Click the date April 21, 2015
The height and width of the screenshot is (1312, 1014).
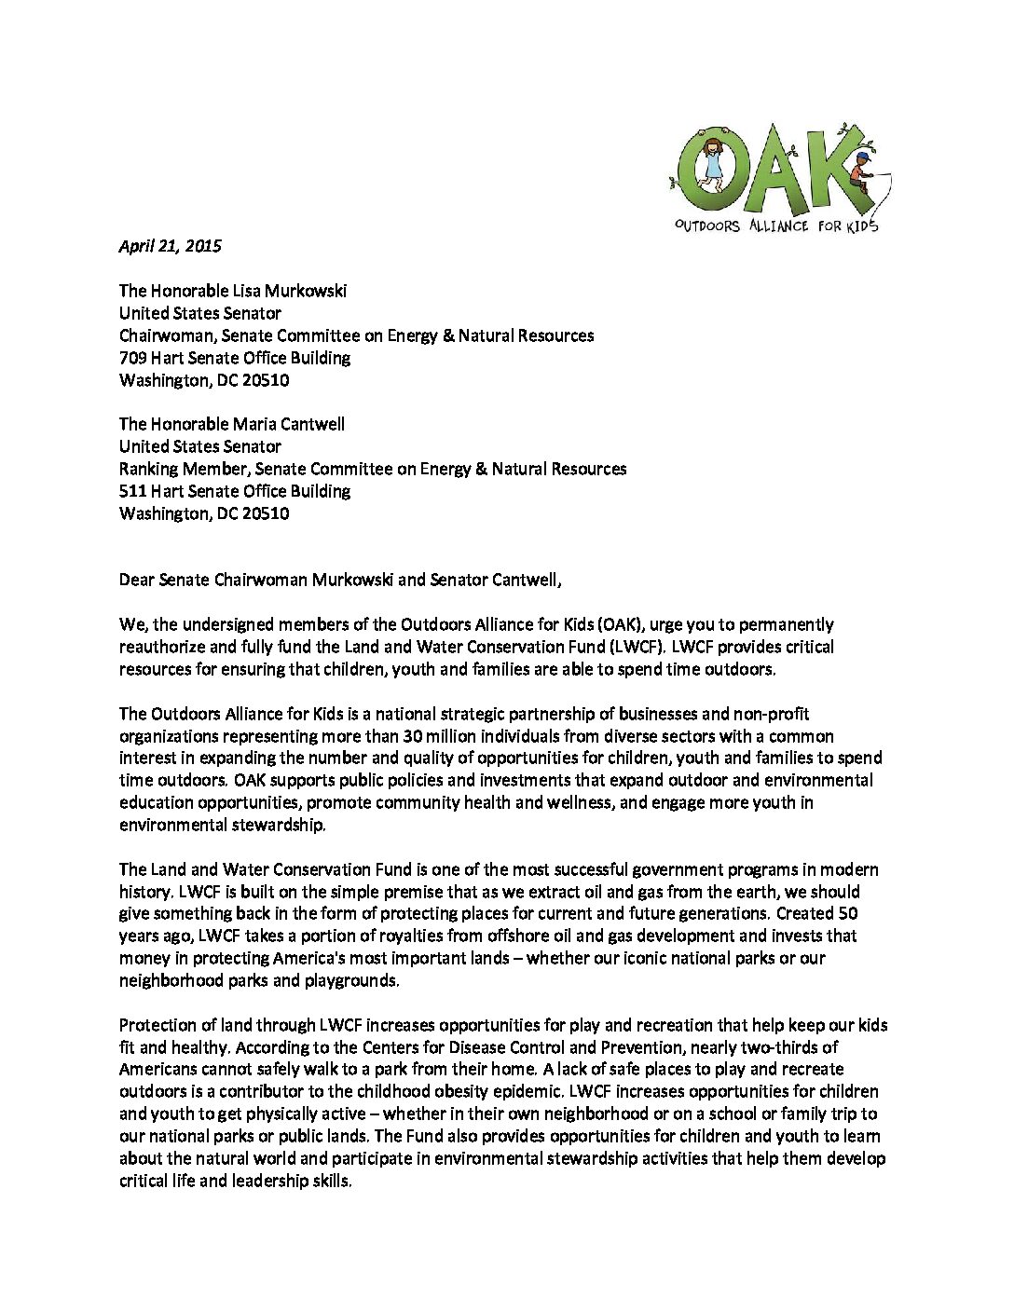tap(171, 246)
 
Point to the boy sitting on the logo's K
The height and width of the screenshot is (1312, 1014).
tap(860, 173)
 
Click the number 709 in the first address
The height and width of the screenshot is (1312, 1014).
tap(132, 358)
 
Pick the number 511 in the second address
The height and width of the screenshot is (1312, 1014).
tap(132, 491)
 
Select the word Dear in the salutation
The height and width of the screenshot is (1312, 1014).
tap(136, 580)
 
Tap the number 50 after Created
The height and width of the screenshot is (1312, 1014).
tap(848, 913)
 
